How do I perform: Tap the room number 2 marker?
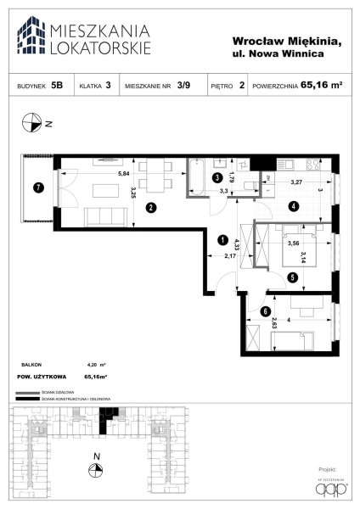(149, 206)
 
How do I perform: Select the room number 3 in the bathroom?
(217, 178)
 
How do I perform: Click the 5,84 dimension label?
(125, 174)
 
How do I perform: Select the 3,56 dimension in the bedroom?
(293, 243)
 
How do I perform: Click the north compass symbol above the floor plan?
(32, 123)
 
